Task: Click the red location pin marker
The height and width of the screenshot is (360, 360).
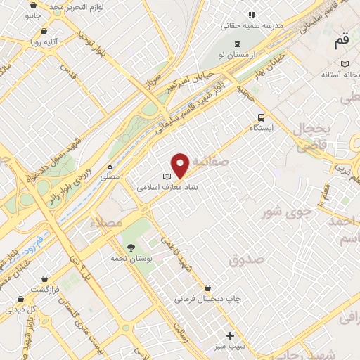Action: pyautogui.click(x=180, y=165)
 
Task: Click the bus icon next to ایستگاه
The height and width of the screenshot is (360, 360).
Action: pyautogui.click(x=262, y=117)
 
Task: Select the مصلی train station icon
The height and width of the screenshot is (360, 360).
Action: pyautogui.click(x=109, y=165)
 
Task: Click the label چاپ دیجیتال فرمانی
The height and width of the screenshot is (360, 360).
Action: pyautogui.click(x=208, y=299)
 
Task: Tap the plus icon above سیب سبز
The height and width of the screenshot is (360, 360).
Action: pyautogui.click(x=230, y=335)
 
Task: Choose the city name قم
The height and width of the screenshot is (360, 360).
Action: pyautogui.click(x=341, y=41)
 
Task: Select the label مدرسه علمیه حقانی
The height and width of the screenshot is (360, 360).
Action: pyautogui.click(x=252, y=25)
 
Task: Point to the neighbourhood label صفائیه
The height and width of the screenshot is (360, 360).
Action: pyautogui.click(x=209, y=161)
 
